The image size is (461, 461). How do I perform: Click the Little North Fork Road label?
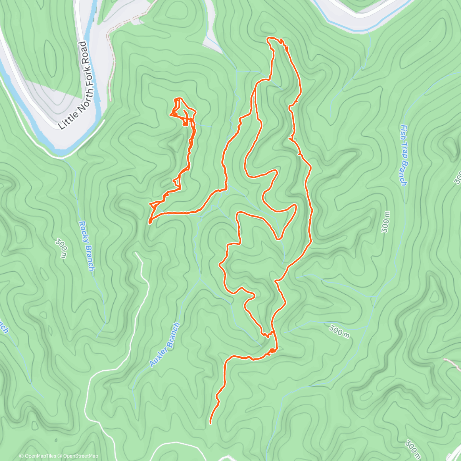click(x=73, y=85)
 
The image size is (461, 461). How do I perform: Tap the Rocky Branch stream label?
click(x=86, y=245)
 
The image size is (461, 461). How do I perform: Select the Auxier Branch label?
click(x=164, y=345)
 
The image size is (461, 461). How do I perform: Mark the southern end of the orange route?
click(x=211, y=423)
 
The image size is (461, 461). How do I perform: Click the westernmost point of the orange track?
click(x=149, y=221)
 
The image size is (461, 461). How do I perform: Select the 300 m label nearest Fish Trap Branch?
click(x=385, y=222)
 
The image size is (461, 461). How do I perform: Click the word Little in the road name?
click(x=65, y=119)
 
